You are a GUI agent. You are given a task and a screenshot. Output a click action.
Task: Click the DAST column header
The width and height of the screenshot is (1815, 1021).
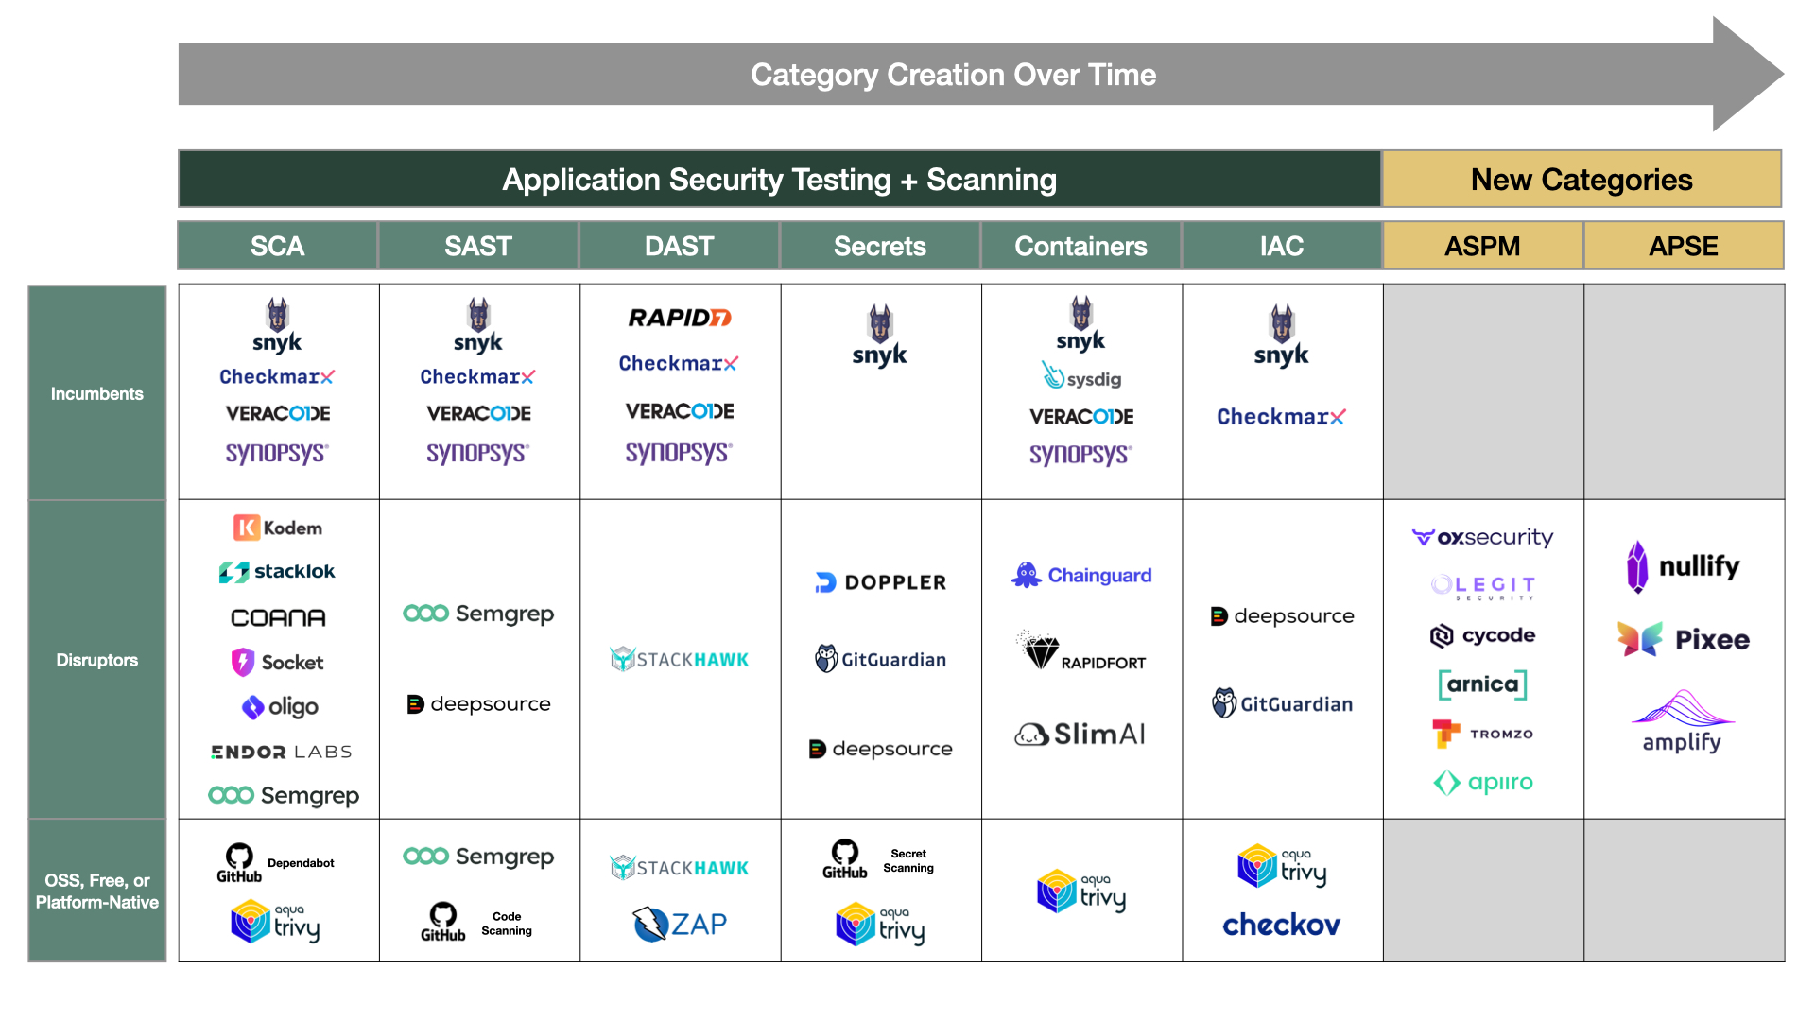point(679,247)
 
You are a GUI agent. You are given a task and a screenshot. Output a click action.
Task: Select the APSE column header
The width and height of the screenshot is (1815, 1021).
point(1683,247)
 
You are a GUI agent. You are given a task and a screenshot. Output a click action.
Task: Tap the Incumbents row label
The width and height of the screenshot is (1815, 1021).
point(97,393)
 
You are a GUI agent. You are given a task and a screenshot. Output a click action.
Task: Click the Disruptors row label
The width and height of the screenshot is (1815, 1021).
point(97,660)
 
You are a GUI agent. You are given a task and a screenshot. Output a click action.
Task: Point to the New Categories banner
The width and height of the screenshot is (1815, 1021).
point(1582,180)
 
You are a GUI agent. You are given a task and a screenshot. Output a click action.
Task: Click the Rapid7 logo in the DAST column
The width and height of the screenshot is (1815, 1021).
point(679,318)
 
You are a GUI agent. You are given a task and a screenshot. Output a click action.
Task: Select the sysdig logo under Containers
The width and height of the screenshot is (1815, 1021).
point(1081,377)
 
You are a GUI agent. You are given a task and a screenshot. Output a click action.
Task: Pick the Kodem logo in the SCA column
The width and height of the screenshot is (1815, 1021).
point(278,528)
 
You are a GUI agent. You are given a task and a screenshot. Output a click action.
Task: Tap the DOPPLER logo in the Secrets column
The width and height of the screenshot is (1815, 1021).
point(880,582)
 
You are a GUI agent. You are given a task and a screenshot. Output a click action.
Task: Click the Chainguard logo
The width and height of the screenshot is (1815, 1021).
point(1081,575)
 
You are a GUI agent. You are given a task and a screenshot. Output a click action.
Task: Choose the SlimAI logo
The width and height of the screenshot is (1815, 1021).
point(1080,734)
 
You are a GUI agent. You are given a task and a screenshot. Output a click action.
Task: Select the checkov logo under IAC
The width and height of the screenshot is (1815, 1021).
point(1281,925)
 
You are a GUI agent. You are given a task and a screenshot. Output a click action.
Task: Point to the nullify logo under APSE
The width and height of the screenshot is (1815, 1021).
point(1683,566)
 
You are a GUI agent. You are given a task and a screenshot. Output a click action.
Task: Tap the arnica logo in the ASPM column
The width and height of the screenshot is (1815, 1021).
point(1482,684)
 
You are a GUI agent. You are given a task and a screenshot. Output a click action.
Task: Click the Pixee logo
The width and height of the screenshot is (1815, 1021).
point(1683,640)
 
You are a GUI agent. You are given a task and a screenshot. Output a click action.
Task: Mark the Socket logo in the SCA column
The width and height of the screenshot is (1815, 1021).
point(278,662)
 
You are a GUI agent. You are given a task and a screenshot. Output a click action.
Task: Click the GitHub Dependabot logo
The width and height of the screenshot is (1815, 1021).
point(276,863)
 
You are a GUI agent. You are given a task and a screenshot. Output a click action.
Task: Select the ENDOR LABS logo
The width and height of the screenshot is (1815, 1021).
point(281,752)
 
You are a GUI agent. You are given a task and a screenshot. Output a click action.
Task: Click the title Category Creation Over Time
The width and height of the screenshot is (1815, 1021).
point(953,75)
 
